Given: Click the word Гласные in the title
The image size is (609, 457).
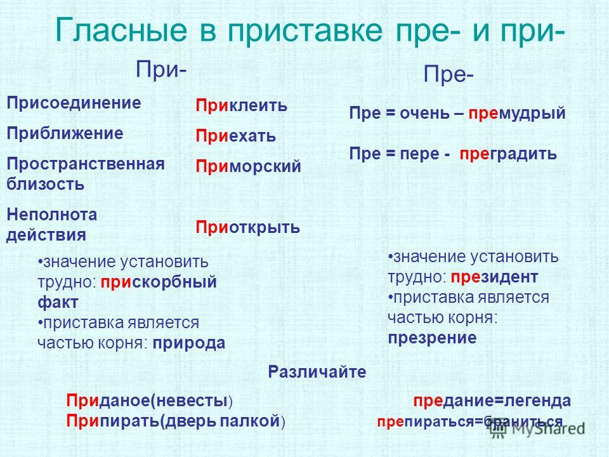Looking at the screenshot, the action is [122, 30].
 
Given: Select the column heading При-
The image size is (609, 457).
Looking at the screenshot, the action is [160, 69].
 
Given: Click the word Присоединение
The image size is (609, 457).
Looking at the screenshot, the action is [74, 103].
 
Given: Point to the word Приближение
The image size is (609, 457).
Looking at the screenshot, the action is [65, 133].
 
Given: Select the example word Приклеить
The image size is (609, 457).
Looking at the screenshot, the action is [241, 105].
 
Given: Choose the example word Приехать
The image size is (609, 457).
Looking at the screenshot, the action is [235, 136].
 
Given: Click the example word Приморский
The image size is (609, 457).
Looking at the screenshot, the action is [248, 166].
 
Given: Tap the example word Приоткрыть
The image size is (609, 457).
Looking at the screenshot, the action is [247, 227].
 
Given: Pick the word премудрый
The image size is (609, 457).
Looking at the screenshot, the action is [516, 113].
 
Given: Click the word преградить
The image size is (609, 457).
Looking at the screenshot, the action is [508, 154].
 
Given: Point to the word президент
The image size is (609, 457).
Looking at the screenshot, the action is [494, 277].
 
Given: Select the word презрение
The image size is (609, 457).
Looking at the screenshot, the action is [432, 338].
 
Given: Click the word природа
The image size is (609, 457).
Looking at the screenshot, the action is [189, 343].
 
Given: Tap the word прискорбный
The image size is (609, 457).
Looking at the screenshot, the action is [159, 282].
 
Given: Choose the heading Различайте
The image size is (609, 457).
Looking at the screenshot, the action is [317, 373].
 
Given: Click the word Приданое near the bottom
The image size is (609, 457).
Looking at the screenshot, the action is [108, 401].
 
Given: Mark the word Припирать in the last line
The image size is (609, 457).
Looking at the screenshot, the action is [113, 421].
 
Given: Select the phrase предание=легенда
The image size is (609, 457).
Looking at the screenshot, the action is [492, 401].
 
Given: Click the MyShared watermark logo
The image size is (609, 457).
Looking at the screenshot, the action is [537, 428].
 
